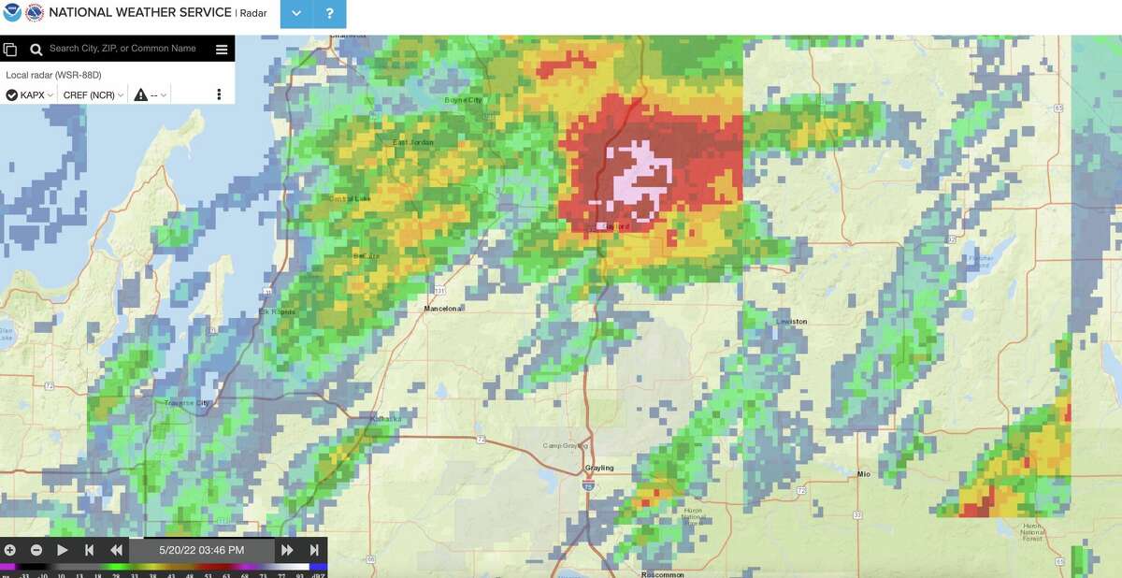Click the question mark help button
tap(329, 14)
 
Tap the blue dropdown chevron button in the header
tap(296, 14)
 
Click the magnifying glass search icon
tap(36, 50)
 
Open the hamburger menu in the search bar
tap(222, 50)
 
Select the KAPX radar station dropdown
tap(30, 94)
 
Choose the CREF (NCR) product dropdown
tap(93, 94)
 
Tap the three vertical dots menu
tap(219, 94)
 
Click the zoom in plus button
tap(10, 550)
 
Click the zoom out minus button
tap(36, 550)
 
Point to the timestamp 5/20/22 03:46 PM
tap(201, 550)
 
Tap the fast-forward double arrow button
tap(287, 550)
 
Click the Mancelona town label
tap(444, 308)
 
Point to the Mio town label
tap(864, 474)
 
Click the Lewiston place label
tap(791, 322)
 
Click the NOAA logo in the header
tap(12, 13)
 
